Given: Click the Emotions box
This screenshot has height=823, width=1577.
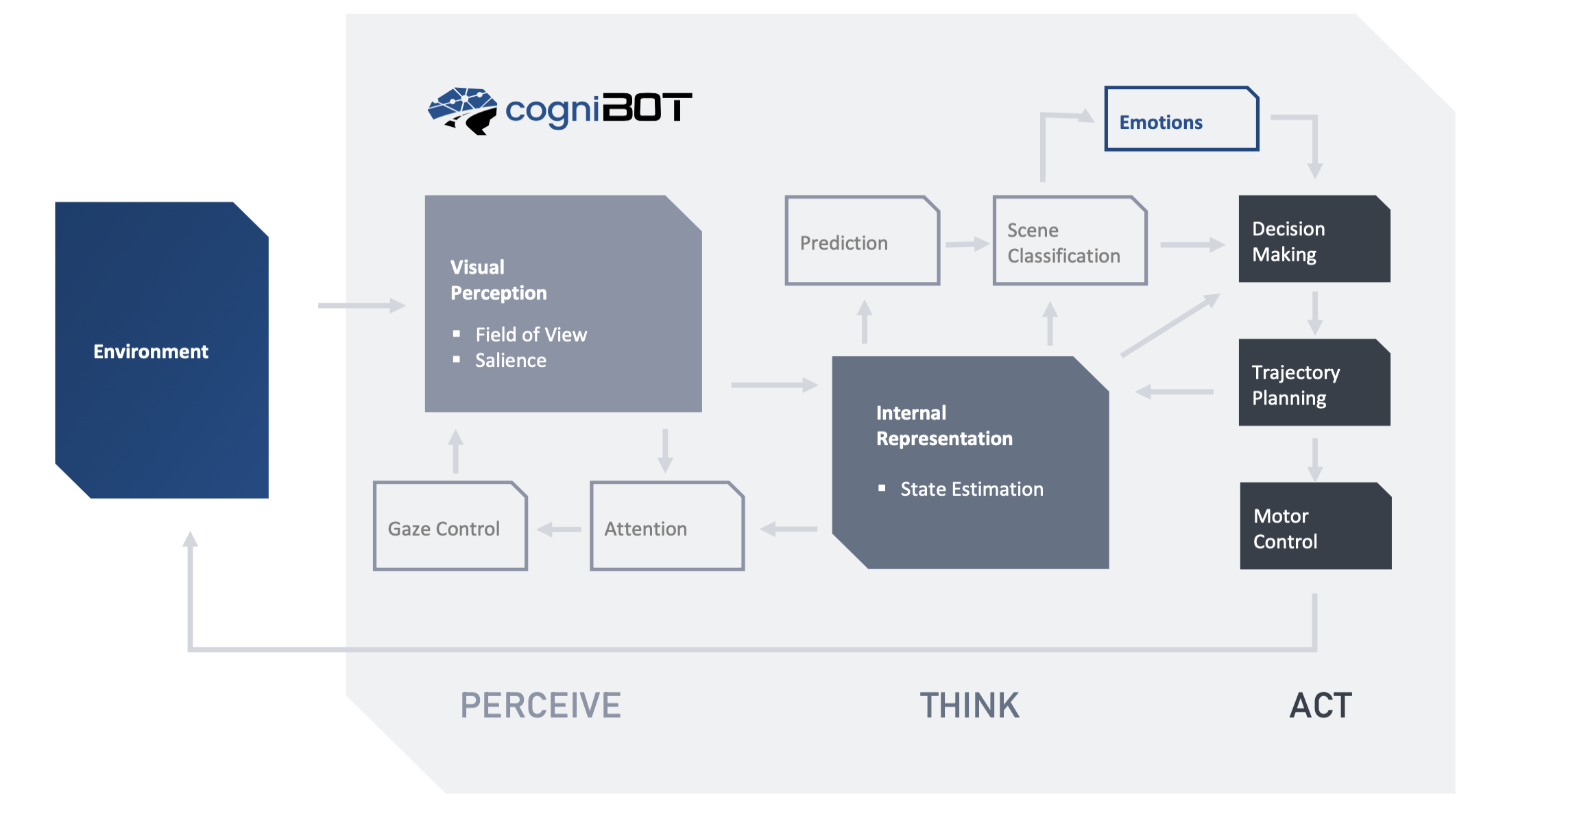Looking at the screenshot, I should tap(1181, 119).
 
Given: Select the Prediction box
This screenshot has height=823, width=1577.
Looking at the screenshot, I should tap(862, 241).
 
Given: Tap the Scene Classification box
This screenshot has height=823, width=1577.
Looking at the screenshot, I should tap(1070, 241).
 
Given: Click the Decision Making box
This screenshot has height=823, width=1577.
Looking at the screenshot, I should tap(1314, 240).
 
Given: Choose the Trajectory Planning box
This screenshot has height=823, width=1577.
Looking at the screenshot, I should tap(1314, 383).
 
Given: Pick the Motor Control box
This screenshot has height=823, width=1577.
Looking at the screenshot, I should tap(1315, 527).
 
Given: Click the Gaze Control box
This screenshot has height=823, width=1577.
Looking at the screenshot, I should tap(450, 527).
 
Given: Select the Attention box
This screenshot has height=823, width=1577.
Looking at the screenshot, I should tap(666, 527).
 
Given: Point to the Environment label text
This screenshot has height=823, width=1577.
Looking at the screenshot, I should tap(151, 352).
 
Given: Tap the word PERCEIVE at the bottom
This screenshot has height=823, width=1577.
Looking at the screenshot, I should tap(540, 706).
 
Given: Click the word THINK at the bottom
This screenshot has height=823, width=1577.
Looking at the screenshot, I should tap(970, 706).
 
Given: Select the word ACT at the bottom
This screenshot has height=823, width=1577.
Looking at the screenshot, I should tap(1321, 706).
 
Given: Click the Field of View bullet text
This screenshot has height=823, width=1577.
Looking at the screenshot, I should tap(531, 335).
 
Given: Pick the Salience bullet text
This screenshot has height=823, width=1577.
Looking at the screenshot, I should tap(510, 361).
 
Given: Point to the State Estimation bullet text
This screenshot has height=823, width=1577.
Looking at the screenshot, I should tap(971, 490).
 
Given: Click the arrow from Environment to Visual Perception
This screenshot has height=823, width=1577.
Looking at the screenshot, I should tap(361, 305).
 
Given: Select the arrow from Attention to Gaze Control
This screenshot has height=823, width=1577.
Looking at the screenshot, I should tap(559, 529).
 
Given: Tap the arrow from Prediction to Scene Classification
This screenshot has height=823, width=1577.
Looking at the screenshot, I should tap(967, 244).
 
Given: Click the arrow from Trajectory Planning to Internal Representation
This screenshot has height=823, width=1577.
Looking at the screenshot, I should tap(1174, 392).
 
